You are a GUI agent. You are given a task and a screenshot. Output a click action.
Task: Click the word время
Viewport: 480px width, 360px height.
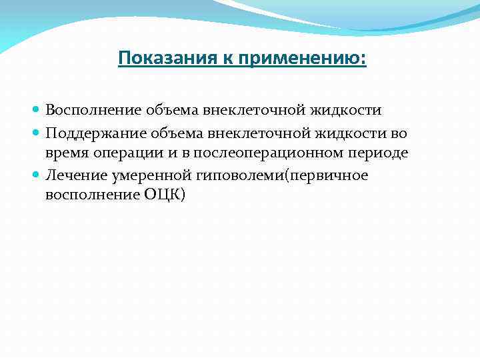(x=66, y=153)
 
